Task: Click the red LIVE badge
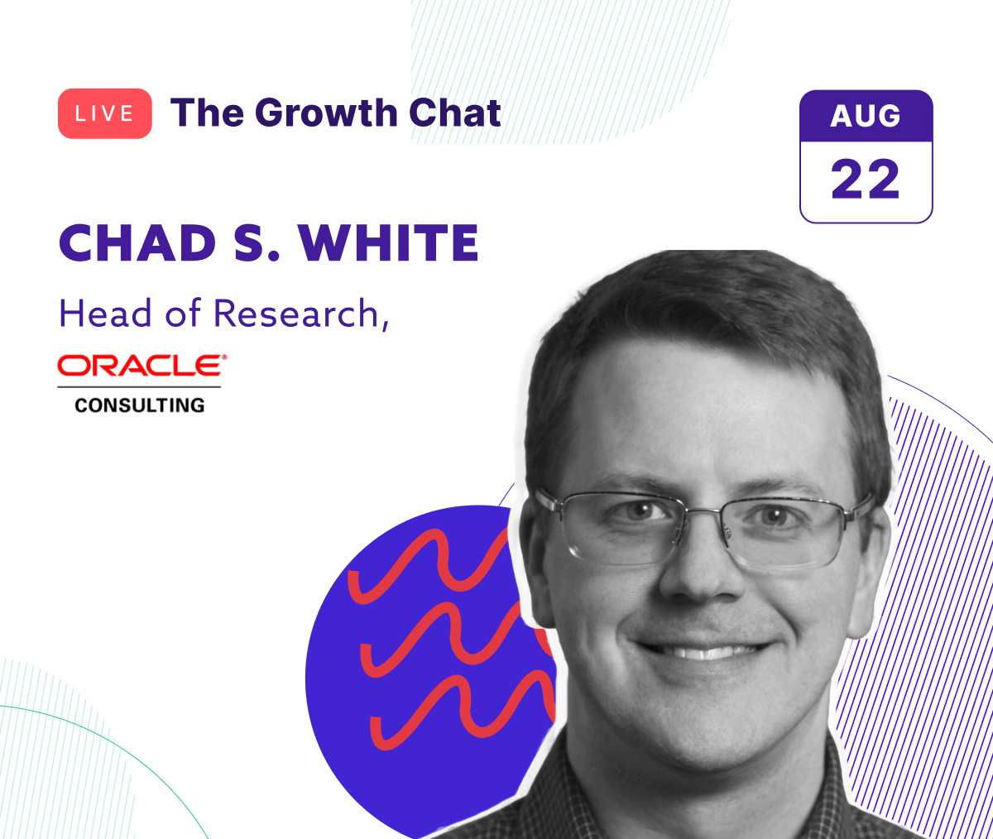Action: coord(104,113)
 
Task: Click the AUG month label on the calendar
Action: coord(866,117)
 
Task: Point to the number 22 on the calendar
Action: coord(866,180)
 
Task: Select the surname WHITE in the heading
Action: coord(389,243)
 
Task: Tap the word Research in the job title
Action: coord(295,314)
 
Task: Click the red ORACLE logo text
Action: coord(142,365)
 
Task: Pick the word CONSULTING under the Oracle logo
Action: coord(139,405)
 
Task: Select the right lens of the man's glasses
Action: coord(786,530)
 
